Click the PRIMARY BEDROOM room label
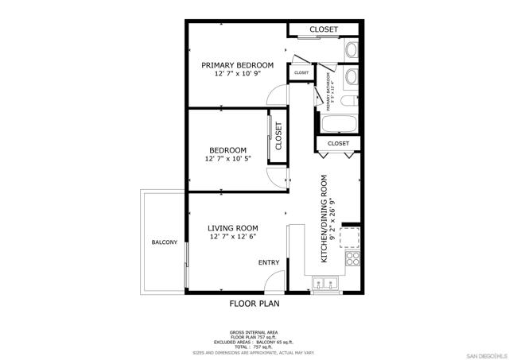pyautogui.click(x=237, y=65)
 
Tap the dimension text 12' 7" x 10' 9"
pyautogui.click(x=237, y=74)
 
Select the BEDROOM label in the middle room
pyautogui.click(x=227, y=150)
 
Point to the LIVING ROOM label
pyautogui.click(x=233, y=228)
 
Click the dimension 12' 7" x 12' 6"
pyautogui.click(x=233, y=237)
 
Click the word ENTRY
pyautogui.click(x=268, y=263)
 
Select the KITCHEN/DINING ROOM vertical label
pyautogui.click(x=324, y=219)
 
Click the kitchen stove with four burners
pyautogui.click(x=350, y=258)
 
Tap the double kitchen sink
pyautogui.click(x=325, y=283)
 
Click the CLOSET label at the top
pyautogui.click(x=324, y=29)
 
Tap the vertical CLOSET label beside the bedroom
pyautogui.click(x=279, y=136)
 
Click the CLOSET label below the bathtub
pyautogui.click(x=339, y=143)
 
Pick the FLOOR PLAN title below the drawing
pyautogui.click(x=254, y=304)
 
